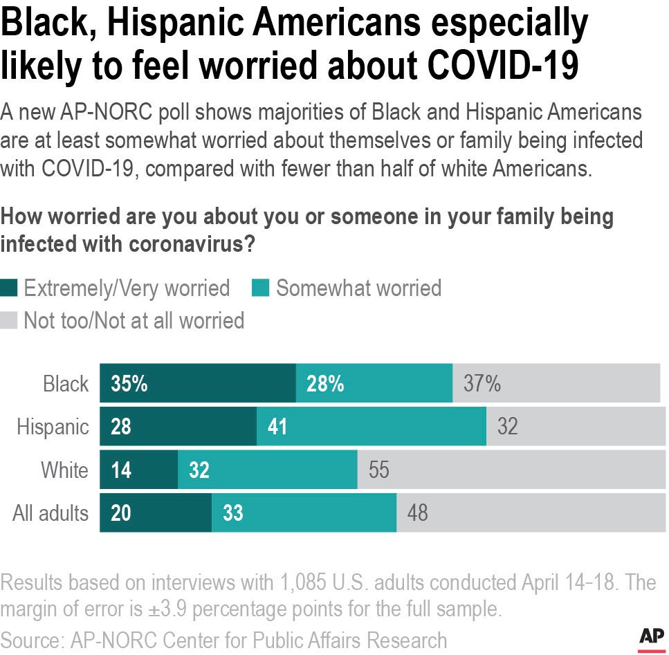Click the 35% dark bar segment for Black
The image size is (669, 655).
pos(198,383)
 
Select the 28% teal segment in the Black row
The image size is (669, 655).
pos(374,383)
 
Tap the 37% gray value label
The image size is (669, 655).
pos(482,384)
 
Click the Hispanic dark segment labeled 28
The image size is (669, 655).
pos(178,427)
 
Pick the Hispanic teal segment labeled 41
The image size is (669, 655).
pos(372,427)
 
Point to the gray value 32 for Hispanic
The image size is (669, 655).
pos(507,427)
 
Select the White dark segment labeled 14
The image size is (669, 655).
pos(139,470)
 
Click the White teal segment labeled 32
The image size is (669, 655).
pos(268,470)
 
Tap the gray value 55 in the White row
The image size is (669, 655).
pos(379,470)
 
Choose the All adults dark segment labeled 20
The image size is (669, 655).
pos(156,513)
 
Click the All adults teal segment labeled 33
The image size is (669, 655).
pos(304,513)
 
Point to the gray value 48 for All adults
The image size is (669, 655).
pos(417,513)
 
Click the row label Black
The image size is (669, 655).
pos(66,384)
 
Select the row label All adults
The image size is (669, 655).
pos(51,513)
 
